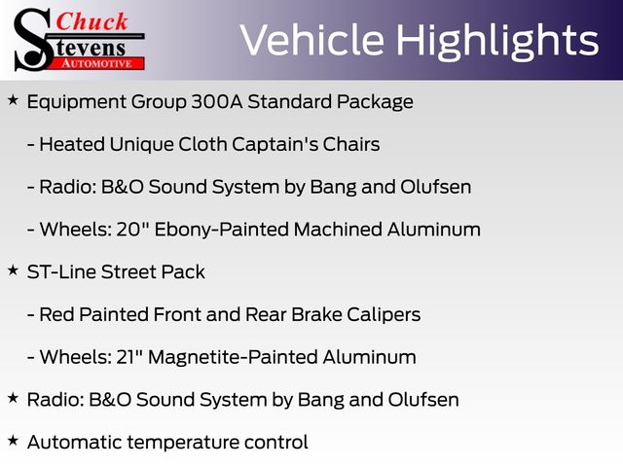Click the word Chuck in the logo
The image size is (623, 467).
(92, 21)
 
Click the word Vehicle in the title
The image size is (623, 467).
(311, 40)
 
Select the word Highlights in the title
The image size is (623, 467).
(497, 42)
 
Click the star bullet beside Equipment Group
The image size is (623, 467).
(13, 100)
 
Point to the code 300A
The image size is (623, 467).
(216, 101)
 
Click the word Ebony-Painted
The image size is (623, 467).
(221, 230)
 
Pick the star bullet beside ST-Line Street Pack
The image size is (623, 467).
(13, 270)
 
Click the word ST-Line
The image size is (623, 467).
(61, 272)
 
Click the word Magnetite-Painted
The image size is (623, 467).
(233, 357)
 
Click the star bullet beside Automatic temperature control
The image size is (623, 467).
(13, 441)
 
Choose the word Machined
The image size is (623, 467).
(338, 230)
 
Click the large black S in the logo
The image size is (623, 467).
(33, 40)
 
